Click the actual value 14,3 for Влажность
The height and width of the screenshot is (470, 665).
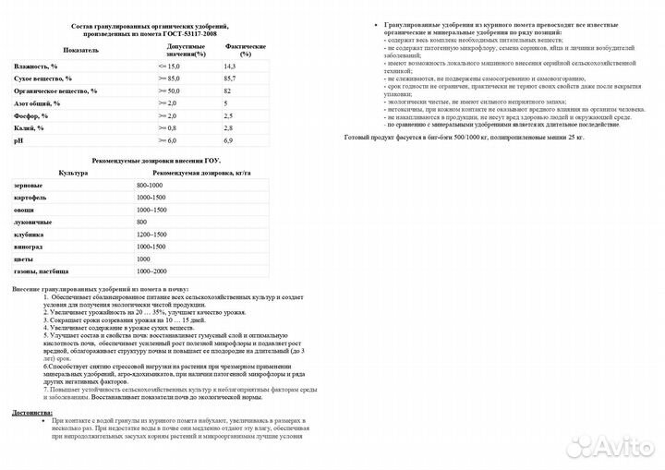[x=229, y=67]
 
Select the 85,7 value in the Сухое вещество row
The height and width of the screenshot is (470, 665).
[x=229, y=79]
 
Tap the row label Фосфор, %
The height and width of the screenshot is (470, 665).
[x=31, y=115]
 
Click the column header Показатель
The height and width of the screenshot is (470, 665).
[x=82, y=49]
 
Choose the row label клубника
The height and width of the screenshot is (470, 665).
[x=30, y=235]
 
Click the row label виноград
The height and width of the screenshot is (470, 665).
[x=29, y=247]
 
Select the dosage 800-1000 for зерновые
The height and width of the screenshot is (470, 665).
[x=149, y=187]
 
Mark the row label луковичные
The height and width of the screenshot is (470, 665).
[x=32, y=223]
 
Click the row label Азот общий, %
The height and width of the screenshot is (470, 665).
[x=37, y=103]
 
